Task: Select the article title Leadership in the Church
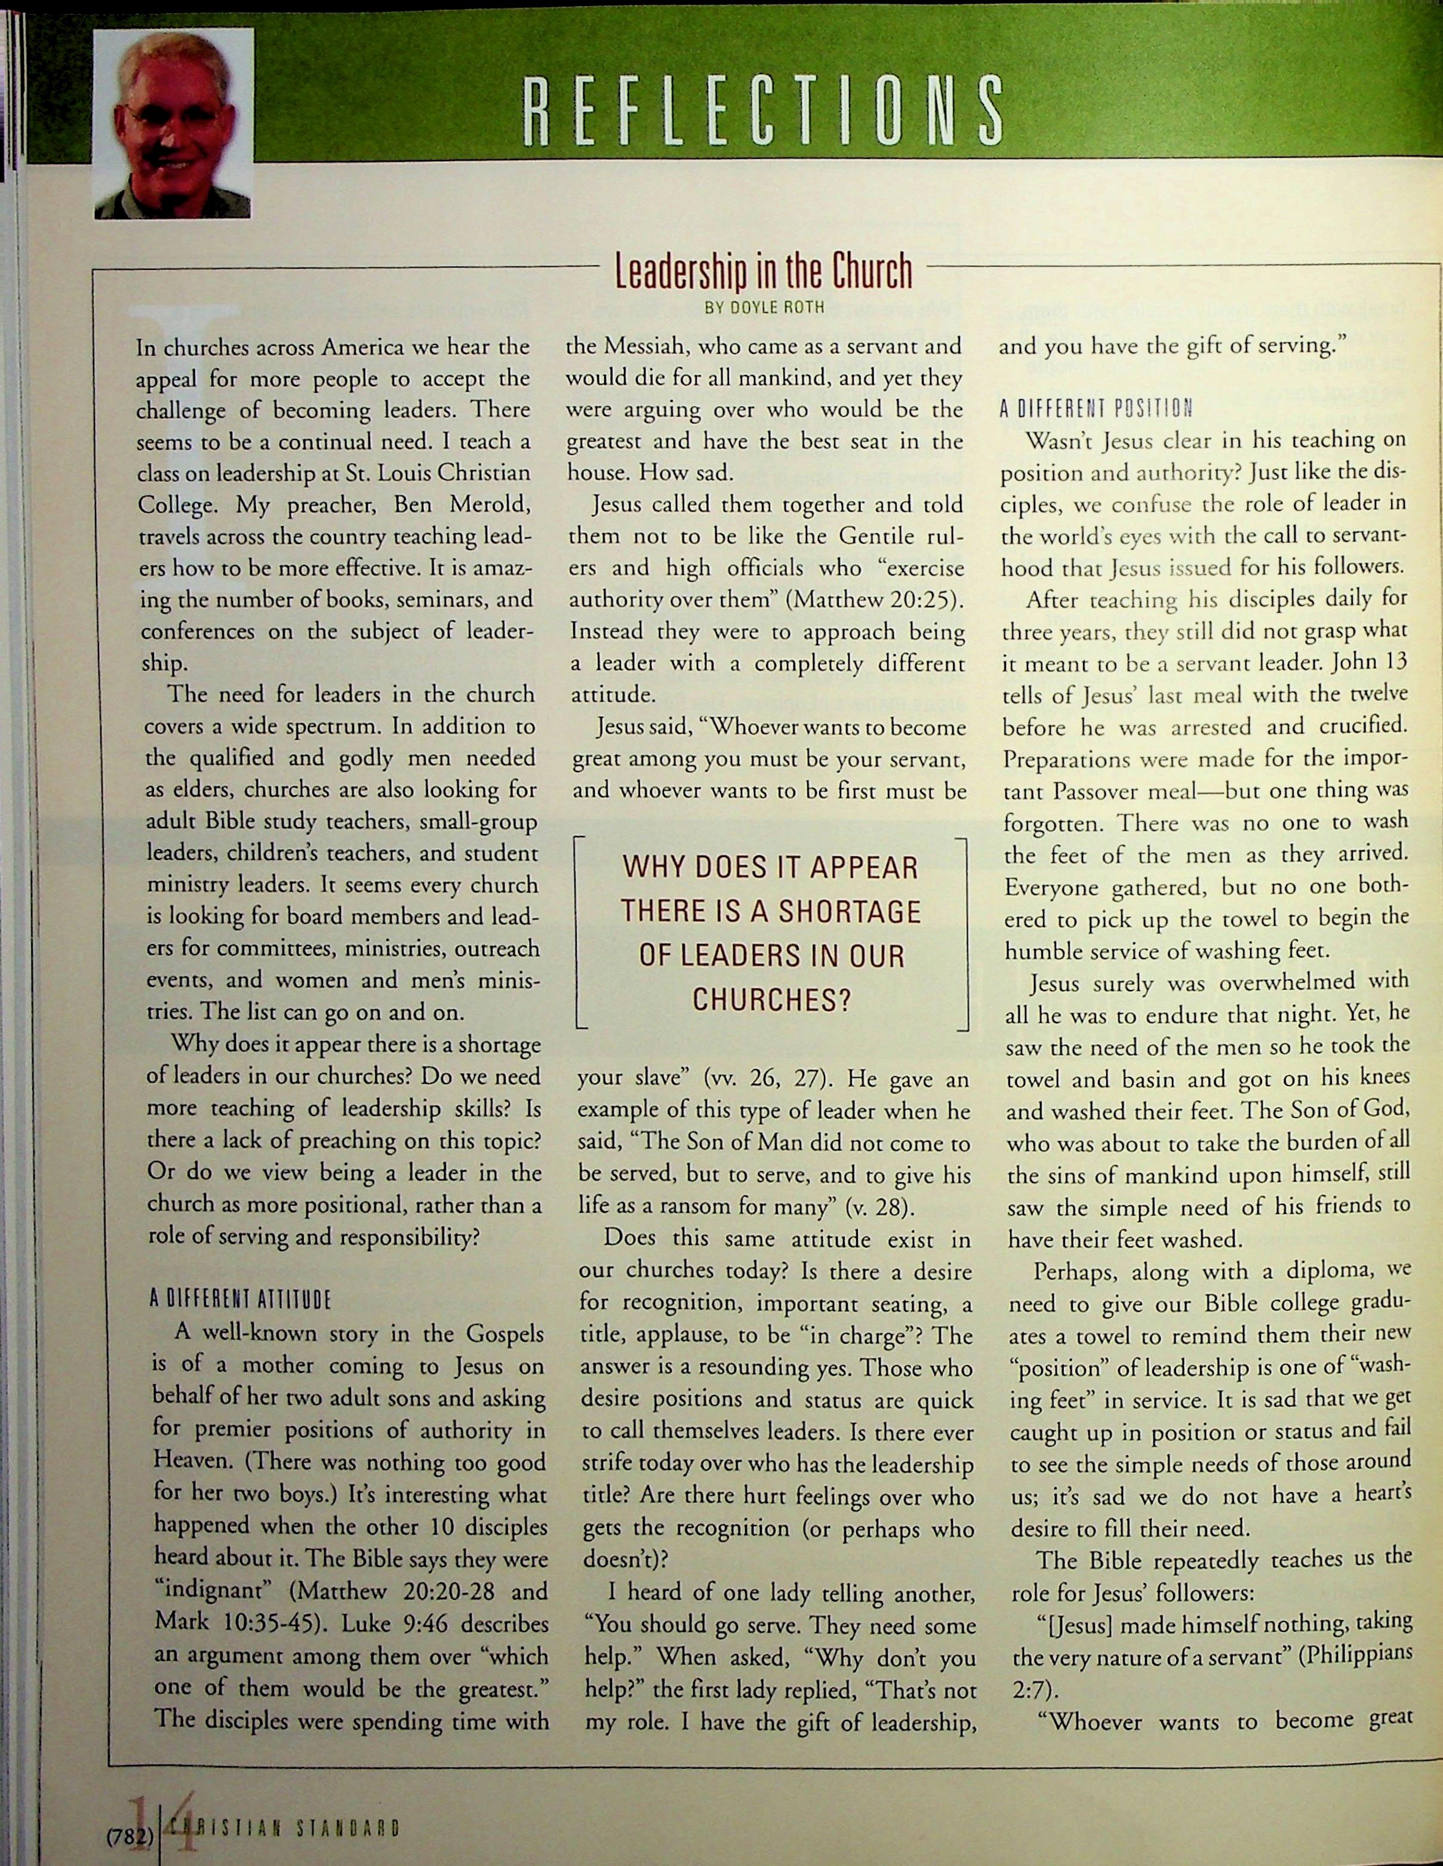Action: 764,272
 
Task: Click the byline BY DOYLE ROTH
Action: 765,308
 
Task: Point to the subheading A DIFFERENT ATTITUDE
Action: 240,1301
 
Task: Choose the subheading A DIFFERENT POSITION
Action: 1096,408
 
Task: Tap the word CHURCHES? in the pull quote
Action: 771,999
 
